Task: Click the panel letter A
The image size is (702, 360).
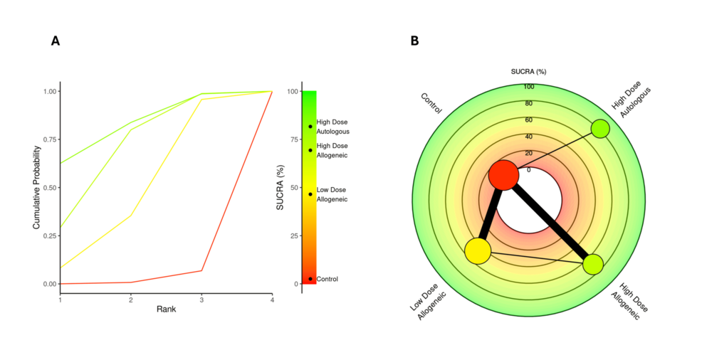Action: click(56, 41)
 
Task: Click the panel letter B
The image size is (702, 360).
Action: click(414, 41)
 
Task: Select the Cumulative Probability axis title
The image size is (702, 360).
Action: click(36, 187)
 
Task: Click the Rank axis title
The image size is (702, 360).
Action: click(166, 309)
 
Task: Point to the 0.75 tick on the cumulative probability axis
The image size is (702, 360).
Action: click(49, 139)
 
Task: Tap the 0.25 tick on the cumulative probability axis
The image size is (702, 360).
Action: click(49, 235)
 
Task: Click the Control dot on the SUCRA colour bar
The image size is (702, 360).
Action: click(310, 279)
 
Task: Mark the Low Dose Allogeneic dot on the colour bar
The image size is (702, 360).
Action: click(310, 194)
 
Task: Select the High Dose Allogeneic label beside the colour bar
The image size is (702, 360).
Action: click(332, 150)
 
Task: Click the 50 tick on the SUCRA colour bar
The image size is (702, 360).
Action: click(293, 188)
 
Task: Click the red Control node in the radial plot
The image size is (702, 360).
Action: click(503, 175)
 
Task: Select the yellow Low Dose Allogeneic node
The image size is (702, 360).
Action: click(478, 250)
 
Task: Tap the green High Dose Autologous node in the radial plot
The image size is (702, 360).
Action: click(600, 129)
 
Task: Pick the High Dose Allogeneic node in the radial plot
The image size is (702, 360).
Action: click(593, 265)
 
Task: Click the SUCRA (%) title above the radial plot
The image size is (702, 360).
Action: click(529, 72)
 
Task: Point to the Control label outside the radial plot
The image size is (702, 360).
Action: click(431, 103)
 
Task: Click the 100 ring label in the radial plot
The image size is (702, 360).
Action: click(529, 87)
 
